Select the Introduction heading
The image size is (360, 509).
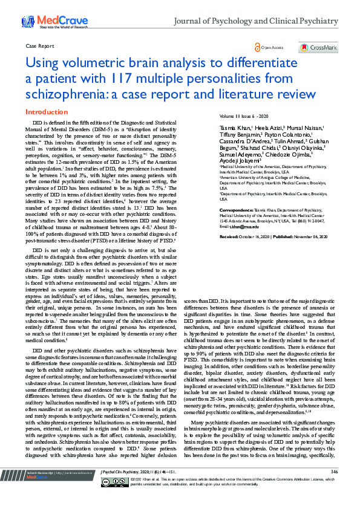coord(46,112)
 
